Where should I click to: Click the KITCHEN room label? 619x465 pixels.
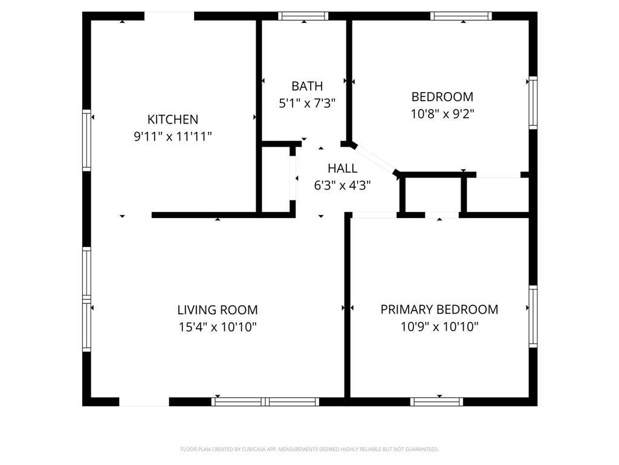point(173,119)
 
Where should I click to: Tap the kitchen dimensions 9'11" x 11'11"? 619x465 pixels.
point(173,136)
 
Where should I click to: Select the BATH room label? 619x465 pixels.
point(307,86)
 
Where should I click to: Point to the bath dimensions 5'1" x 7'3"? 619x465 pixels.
point(307,103)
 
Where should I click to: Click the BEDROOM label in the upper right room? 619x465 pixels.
point(442,97)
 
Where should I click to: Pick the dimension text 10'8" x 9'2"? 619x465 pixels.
point(442,114)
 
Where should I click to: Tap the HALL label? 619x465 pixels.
point(342,168)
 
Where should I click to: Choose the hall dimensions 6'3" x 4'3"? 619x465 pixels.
point(342,185)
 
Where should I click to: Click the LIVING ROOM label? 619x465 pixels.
point(218,310)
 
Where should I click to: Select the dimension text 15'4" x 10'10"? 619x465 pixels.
point(218,327)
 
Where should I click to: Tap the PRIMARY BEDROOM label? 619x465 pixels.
point(439,309)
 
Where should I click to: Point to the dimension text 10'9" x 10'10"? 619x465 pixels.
point(439,327)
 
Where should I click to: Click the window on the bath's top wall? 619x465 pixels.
point(303,16)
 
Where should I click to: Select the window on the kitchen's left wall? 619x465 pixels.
point(87,140)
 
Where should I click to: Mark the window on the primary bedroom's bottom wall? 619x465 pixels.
point(436,401)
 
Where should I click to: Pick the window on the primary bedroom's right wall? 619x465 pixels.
point(533,316)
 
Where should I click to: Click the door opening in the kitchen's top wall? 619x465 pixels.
point(169,16)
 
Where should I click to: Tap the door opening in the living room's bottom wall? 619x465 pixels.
point(144,401)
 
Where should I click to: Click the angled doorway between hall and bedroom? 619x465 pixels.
point(375,159)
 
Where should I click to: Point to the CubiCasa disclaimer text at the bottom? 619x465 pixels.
point(309,449)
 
